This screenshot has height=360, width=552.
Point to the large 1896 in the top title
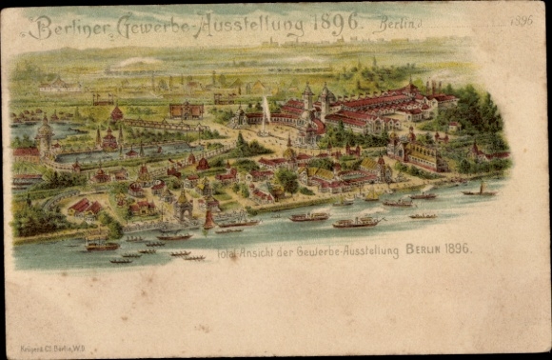[339, 23]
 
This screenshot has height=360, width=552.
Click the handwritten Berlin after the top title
[397, 25]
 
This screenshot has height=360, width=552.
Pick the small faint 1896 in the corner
[522, 20]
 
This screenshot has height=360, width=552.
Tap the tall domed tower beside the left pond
[45, 133]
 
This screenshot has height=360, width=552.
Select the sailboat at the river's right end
[479, 190]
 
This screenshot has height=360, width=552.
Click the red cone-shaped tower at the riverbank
[208, 219]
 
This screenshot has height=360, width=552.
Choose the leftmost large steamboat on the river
[101, 246]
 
